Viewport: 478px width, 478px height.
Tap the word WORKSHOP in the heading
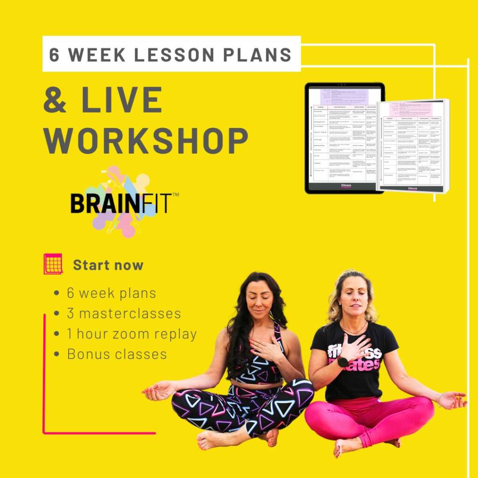(146, 140)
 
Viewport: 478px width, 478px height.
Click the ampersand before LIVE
(55, 99)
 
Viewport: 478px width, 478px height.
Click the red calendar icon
(53, 264)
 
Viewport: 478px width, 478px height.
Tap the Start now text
(108, 265)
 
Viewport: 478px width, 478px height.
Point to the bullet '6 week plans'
(111, 293)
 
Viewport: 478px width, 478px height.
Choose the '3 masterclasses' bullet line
(123, 313)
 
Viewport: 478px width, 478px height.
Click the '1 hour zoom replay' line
(131, 334)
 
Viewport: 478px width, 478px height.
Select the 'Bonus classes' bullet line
(117, 354)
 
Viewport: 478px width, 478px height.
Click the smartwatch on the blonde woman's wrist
(343, 362)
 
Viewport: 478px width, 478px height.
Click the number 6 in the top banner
(55, 55)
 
